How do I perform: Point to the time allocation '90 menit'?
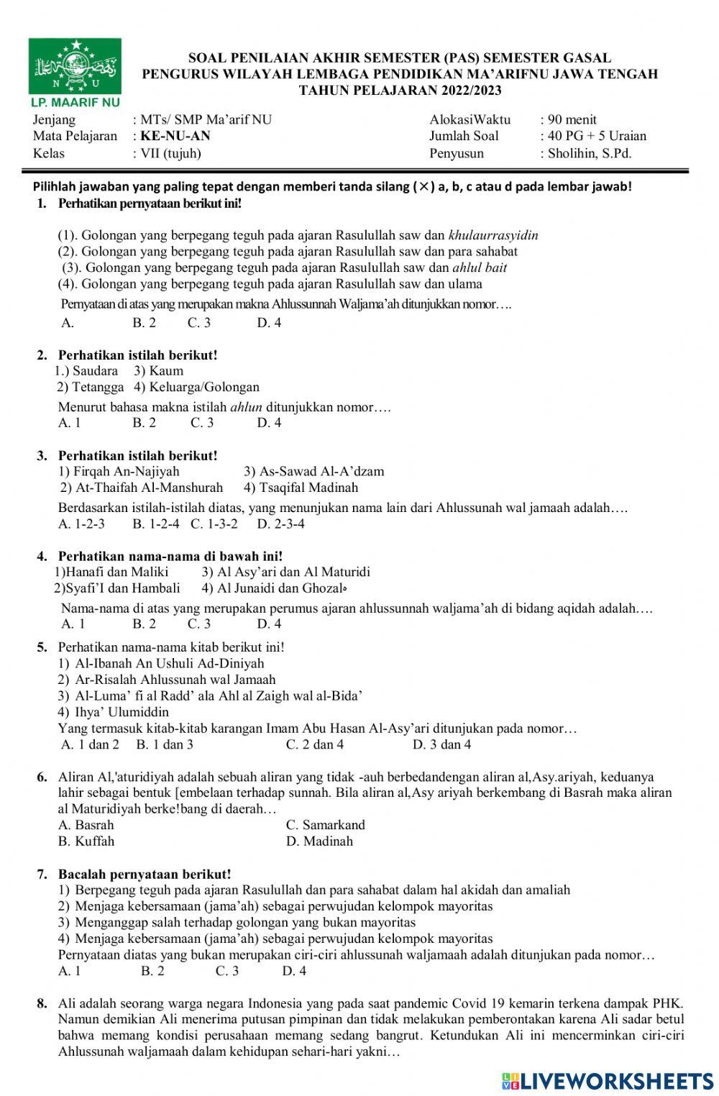[572, 119]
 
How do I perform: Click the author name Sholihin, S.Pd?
[590, 153]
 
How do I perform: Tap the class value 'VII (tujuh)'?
[170, 153]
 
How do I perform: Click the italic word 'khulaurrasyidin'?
[493, 235]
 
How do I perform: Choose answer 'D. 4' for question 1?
[269, 323]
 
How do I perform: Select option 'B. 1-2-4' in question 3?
[156, 524]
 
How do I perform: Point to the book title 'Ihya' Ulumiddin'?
[122, 712]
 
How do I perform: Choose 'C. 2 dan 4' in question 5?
[314, 744]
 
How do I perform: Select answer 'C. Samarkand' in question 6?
[325, 825]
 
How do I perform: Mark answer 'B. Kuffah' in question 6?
[86, 841]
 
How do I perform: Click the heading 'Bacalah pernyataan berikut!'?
[145, 874]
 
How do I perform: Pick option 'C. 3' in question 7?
[227, 971]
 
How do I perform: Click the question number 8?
[42, 1003]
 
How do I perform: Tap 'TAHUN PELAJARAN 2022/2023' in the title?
[400, 90]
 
